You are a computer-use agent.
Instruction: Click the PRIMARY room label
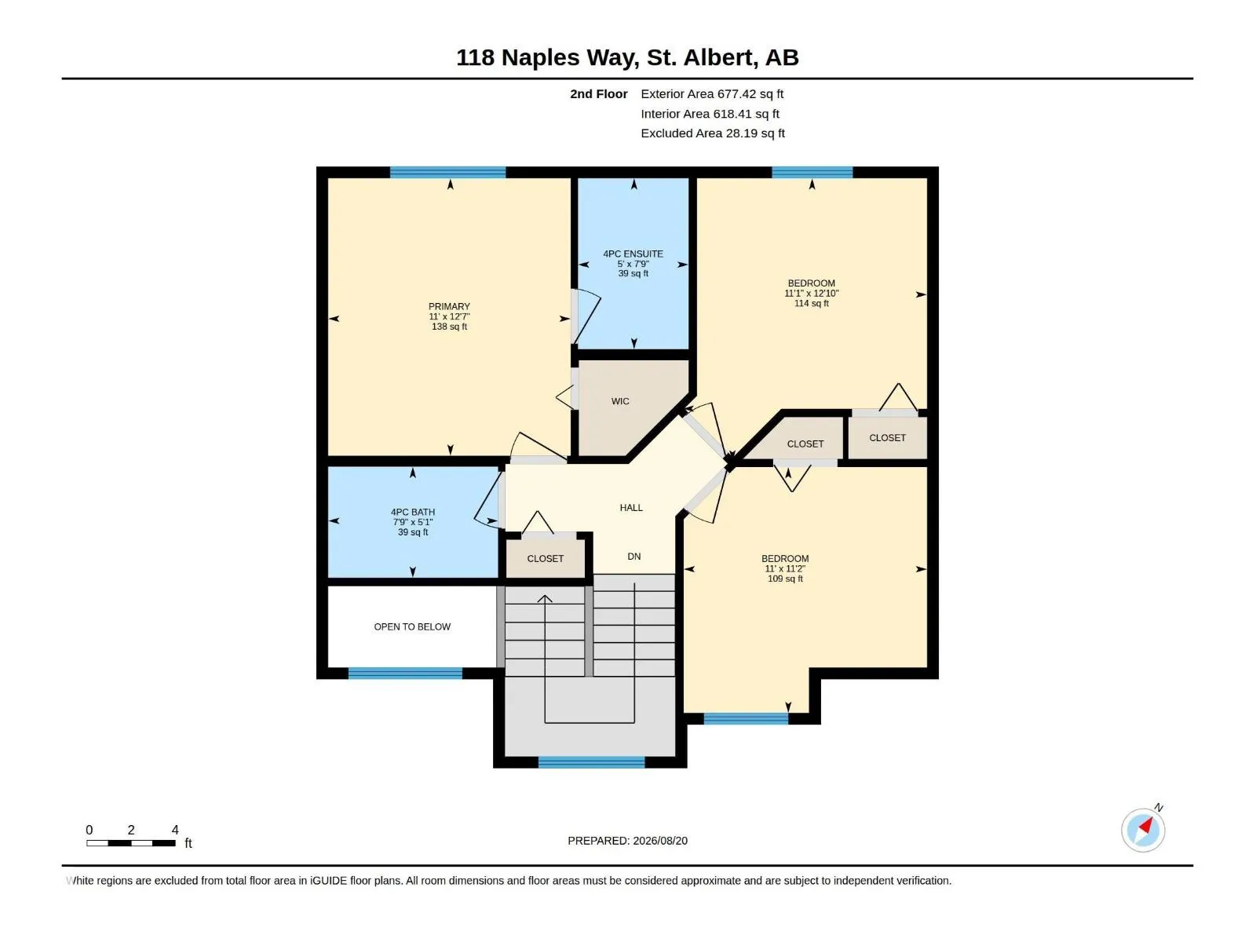pos(449,307)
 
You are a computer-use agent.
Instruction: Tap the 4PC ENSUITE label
pos(633,254)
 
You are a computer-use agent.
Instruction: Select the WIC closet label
pos(620,401)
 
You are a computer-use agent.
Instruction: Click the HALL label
pos(631,508)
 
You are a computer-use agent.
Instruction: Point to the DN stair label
pos(634,557)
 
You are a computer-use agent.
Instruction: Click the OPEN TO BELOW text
pos(412,627)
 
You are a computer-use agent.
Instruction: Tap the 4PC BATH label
pos(413,513)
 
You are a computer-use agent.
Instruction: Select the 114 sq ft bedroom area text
pos(812,304)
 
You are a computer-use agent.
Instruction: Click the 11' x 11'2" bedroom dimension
pos(785,569)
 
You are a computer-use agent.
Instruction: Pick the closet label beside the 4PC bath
pos(546,559)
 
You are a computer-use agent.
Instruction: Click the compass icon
pos(1143,830)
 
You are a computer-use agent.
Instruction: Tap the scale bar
pos(131,843)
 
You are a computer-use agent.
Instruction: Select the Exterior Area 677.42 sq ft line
pos(712,94)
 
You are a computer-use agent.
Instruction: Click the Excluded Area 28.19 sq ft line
pos(713,133)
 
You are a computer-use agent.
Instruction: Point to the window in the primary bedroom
pos(447,172)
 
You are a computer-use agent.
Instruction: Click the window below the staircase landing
pos(592,761)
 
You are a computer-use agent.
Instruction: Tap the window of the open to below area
pos(405,674)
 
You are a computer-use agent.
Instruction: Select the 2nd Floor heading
pos(598,94)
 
